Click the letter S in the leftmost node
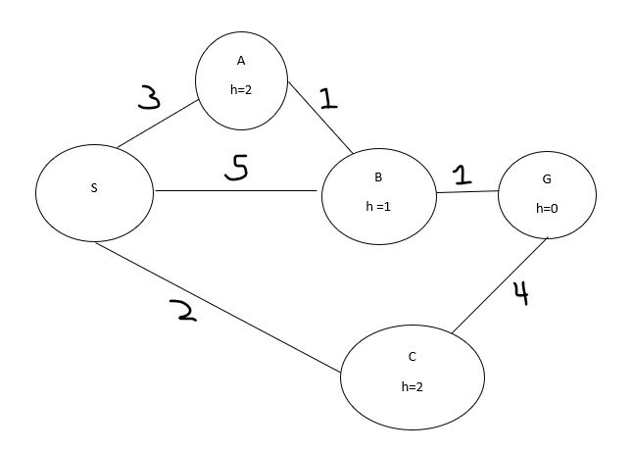point(94,189)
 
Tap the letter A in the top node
point(241,61)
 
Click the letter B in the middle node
point(378,177)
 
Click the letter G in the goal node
point(546,180)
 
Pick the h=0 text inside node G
point(546,209)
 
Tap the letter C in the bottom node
point(412,357)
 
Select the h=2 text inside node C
point(412,386)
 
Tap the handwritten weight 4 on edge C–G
point(520,292)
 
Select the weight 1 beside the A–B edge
point(328,98)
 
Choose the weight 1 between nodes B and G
point(462,175)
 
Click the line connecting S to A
point(157,125)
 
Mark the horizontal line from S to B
point(235,190)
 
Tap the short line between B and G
point(466,192)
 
